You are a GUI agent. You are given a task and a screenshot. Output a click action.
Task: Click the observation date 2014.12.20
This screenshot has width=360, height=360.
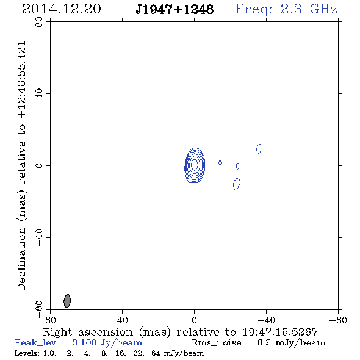coord(62,9)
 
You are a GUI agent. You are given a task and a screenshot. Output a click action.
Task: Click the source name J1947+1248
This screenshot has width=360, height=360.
coord(175,10)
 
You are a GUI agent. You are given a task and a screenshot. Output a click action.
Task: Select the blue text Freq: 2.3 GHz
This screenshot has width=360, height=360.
coord(286,10)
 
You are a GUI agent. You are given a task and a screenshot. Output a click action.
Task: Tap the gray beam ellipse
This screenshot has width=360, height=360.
coord(67,301)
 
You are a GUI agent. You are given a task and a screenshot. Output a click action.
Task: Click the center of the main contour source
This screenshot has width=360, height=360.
coord(195,165)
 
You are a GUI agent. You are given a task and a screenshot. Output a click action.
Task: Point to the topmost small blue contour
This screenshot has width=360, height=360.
coord(259,148)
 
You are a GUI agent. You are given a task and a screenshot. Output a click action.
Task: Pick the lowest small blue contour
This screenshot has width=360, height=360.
coord(237,184)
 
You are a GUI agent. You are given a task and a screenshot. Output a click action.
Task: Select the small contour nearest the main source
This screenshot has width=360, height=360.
coord(220,163)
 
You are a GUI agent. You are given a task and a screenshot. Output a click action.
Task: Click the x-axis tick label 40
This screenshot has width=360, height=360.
coord(123,320)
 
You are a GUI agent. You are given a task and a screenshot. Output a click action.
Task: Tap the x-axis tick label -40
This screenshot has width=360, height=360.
coord(266,320)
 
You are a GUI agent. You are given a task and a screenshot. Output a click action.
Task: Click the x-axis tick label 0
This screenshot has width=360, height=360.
coord(194,320)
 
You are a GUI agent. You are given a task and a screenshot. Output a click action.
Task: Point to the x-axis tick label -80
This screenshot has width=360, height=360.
coord(338,320)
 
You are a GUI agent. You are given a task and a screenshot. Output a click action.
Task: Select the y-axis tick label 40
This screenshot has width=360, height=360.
coord(39,94)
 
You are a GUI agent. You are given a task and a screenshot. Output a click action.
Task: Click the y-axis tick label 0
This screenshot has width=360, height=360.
coord(39,165)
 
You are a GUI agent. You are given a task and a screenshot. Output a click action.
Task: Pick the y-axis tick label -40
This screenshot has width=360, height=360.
coord(39,237)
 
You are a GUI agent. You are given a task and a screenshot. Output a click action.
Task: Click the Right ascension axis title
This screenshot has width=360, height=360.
coord(180,333)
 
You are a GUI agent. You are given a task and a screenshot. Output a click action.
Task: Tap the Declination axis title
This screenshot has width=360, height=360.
coord(22,166)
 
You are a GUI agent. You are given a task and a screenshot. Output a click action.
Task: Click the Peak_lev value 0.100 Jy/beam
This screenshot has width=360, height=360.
coord(107,343)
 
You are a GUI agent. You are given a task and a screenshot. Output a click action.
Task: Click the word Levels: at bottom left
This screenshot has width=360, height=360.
coord(27,353)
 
